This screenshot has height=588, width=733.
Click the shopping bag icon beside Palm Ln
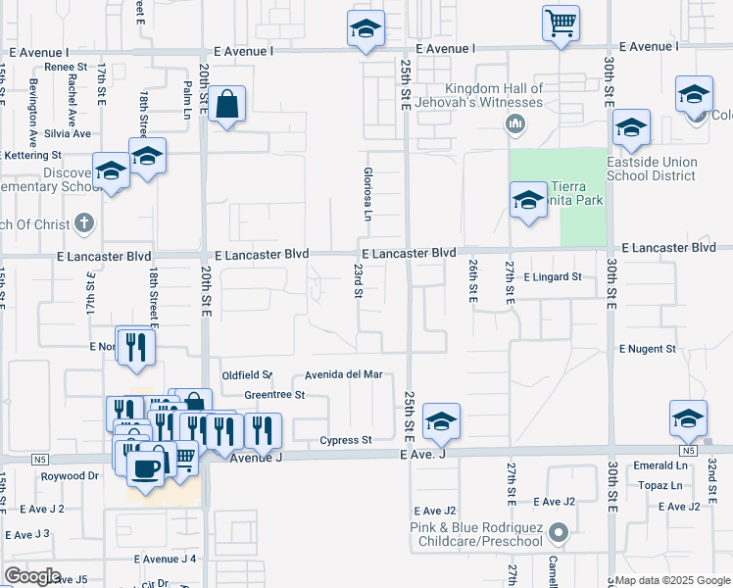[226, 104]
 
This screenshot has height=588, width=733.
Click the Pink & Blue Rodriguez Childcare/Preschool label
[476, 534]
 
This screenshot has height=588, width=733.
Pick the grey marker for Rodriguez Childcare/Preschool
[559, 534]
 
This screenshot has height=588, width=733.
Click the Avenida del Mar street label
[342, 374]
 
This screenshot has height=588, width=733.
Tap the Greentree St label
[275, 395]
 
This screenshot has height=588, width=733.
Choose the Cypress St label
[346, 440]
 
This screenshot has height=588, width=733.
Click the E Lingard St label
[553, 277]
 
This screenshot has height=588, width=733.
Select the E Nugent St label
[647, 349]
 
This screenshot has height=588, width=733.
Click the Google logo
[31, 576]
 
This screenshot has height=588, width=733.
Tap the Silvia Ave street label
[67, 133]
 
